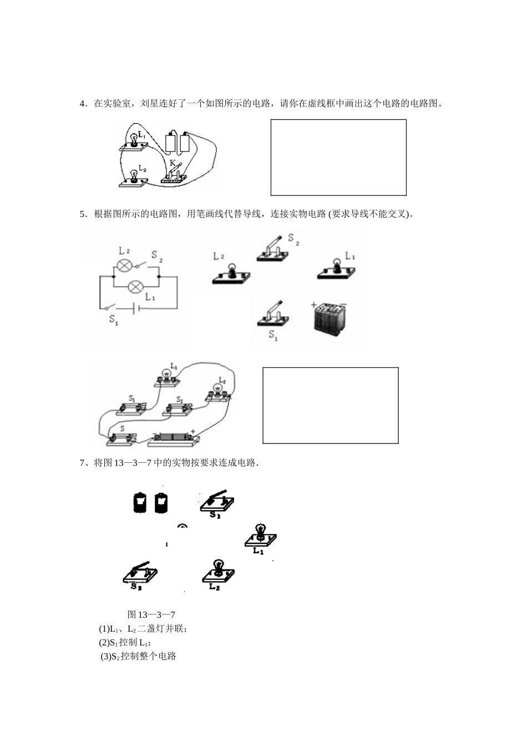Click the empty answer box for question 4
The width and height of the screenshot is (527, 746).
coord(338,157)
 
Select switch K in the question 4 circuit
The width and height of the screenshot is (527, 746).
coord(174,174)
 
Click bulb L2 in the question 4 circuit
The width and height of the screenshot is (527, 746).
coord(133,177)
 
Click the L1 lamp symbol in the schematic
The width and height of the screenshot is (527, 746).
coord(135,287)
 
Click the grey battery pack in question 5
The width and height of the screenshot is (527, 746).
coord(331,319)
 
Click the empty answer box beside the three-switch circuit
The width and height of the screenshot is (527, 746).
coord(330,405)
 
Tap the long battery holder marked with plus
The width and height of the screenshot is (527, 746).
coord(174,438)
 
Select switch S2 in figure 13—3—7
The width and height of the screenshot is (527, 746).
coord(140,573)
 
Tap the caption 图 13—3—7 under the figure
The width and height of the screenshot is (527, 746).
coord(151,614)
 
